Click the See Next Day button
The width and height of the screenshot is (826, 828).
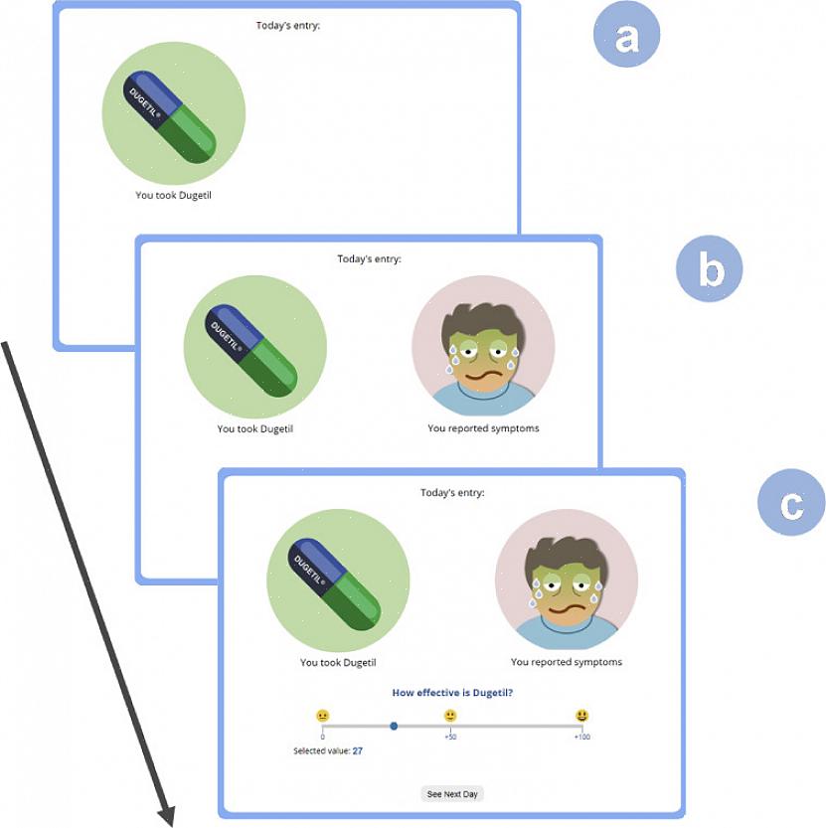[x=452, y=794]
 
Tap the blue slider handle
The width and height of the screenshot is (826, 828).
[x=394, y=727]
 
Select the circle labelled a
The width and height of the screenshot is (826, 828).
[x=626, y=39]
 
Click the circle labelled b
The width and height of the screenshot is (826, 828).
[x=709, y=269]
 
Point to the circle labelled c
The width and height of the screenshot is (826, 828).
[x=791, y=504]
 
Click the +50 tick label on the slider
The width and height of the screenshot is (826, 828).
[x=450, y=738]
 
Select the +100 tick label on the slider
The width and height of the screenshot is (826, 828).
[x=580, y=738]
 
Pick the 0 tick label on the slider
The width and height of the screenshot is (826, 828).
[x=323, y=738]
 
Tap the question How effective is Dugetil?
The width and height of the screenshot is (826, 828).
[x=452, y=693]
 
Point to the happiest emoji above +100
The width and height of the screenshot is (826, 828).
[x=581, y=715]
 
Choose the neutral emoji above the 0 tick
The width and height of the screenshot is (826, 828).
[x=323, y=715]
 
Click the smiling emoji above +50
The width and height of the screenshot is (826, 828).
[x=450, y=715]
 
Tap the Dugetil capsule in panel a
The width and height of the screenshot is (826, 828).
[x=170, y=116]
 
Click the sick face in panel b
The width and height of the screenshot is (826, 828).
[x=483, y=347]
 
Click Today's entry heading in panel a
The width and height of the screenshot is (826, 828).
[x=288, y=25]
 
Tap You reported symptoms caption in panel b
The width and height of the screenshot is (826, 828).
[x=483, y=429]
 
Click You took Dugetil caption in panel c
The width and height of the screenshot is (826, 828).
[x=338, y=662]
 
